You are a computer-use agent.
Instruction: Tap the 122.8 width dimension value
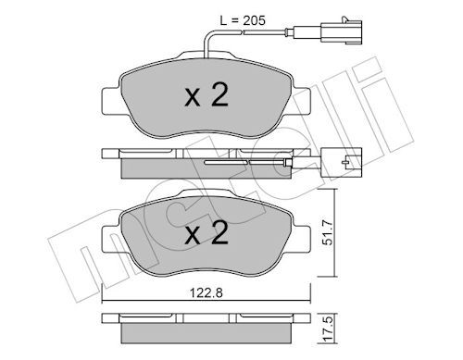[x=206, y=292]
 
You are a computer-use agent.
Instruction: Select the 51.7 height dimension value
[x=327, y=232]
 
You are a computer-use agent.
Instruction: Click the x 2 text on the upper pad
[x=206, y=95]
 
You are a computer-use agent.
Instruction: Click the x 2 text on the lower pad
[x=206, y=233]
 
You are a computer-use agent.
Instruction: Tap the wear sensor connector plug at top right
[x=341, y=31]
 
